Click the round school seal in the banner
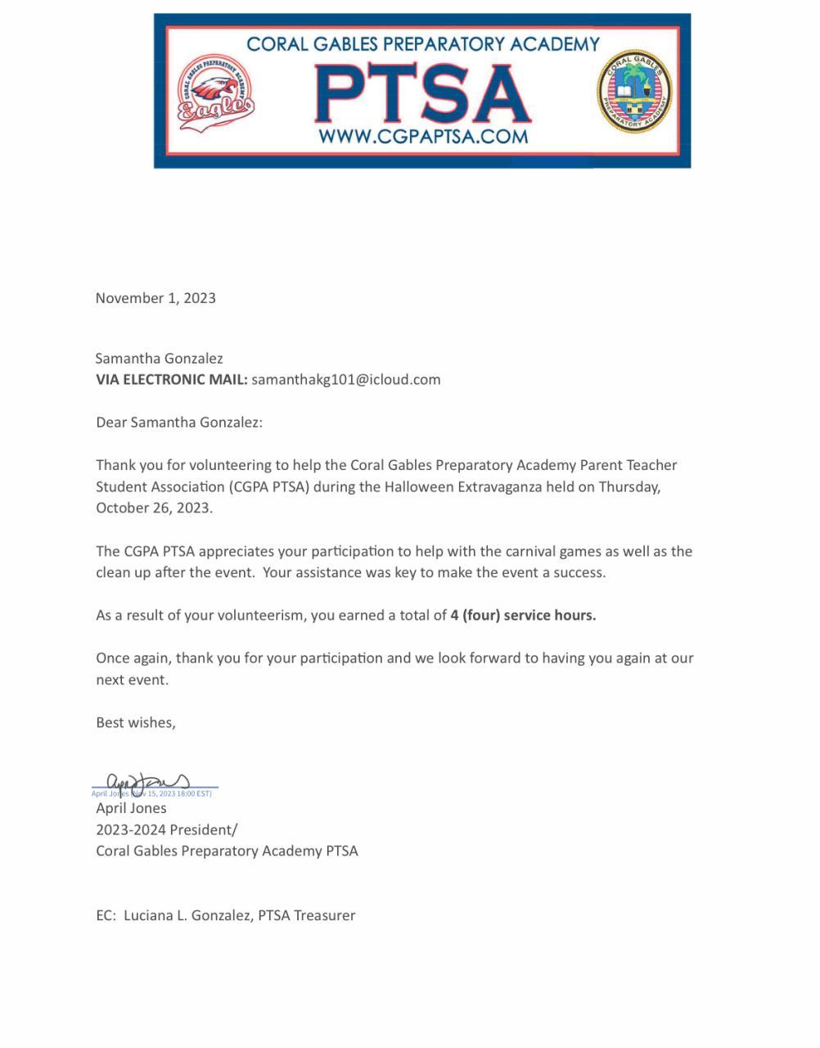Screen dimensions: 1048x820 click(634, 92)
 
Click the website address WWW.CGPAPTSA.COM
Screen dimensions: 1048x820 click(422, 136)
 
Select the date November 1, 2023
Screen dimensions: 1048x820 click(155, 298)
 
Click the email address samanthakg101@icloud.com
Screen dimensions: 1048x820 click(346, 379)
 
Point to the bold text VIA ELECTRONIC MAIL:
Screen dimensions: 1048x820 click(171, 379)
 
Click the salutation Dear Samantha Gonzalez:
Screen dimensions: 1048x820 click(179, 422)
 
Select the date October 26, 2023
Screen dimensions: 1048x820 click(154, 508)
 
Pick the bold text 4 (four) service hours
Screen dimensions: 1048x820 click(523, 615)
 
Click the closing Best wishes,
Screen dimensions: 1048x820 click(136, 722)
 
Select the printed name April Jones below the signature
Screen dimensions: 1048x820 click(131, 808)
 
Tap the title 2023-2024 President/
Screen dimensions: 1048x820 click(167, 829)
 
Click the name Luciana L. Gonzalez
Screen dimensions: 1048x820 click(187, 915)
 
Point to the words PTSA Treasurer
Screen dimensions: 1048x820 click(307, 915)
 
